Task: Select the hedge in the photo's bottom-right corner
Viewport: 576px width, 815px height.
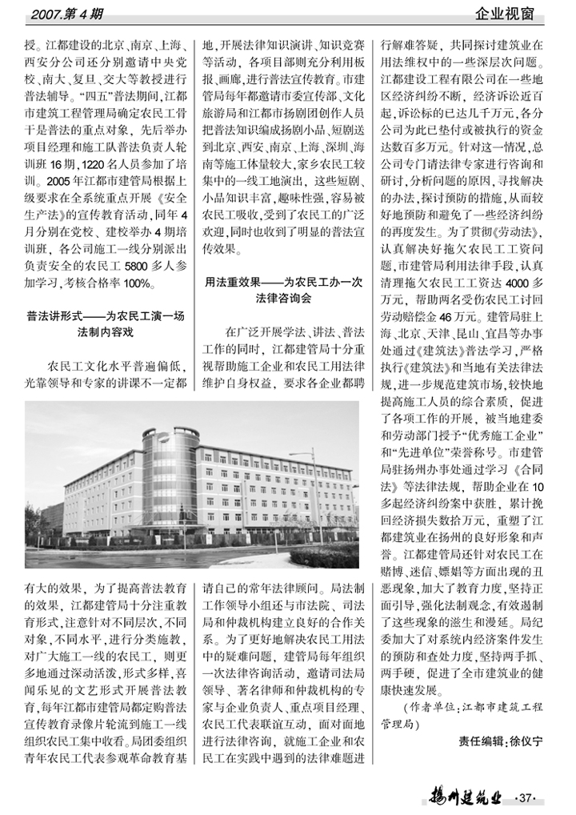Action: pos(324,556)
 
